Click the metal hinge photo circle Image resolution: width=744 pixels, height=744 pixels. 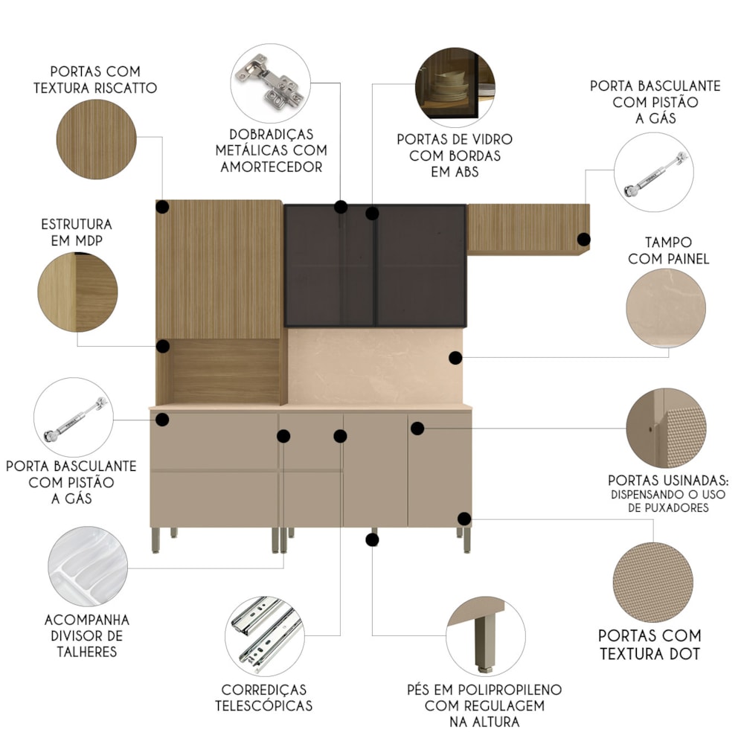(271, 83)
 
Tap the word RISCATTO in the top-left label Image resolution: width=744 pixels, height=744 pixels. (125, 89)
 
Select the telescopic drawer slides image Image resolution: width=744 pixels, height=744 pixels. (265, 636)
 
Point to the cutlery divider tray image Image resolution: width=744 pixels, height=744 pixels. (88, 566)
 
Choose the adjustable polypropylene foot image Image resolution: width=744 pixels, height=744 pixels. (486, 636)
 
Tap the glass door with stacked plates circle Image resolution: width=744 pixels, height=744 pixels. (455, 87)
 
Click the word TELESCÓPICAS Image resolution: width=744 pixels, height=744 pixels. (264, 705)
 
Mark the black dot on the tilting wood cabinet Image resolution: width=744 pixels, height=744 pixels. (583, 239)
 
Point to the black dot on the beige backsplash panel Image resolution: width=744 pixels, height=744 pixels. (455, 358)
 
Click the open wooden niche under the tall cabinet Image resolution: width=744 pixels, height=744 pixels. (226, 371)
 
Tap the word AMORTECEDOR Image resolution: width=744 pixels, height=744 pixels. (272, 167)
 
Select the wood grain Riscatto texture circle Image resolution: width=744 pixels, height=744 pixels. (96, 139)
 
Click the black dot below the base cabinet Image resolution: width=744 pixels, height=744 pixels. (373, 539)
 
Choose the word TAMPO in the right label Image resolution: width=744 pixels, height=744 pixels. (669, 243)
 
